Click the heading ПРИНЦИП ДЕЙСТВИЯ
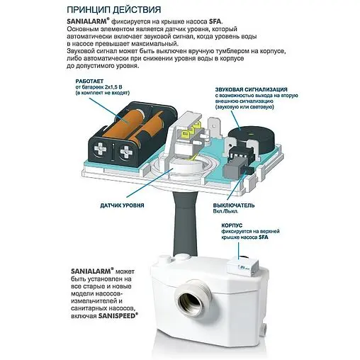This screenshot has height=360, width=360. pos(113,10)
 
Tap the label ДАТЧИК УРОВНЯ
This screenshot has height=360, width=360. pos(122,206)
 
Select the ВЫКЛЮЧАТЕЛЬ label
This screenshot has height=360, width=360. pos(234,206)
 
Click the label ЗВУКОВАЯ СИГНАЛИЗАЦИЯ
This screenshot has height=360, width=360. pos(251,89)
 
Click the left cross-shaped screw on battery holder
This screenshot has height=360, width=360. pos(101,149)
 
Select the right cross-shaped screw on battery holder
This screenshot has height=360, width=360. pos(125,152)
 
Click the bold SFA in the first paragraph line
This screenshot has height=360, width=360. pos(215,22)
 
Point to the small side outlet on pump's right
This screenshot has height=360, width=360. pos(264,328)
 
